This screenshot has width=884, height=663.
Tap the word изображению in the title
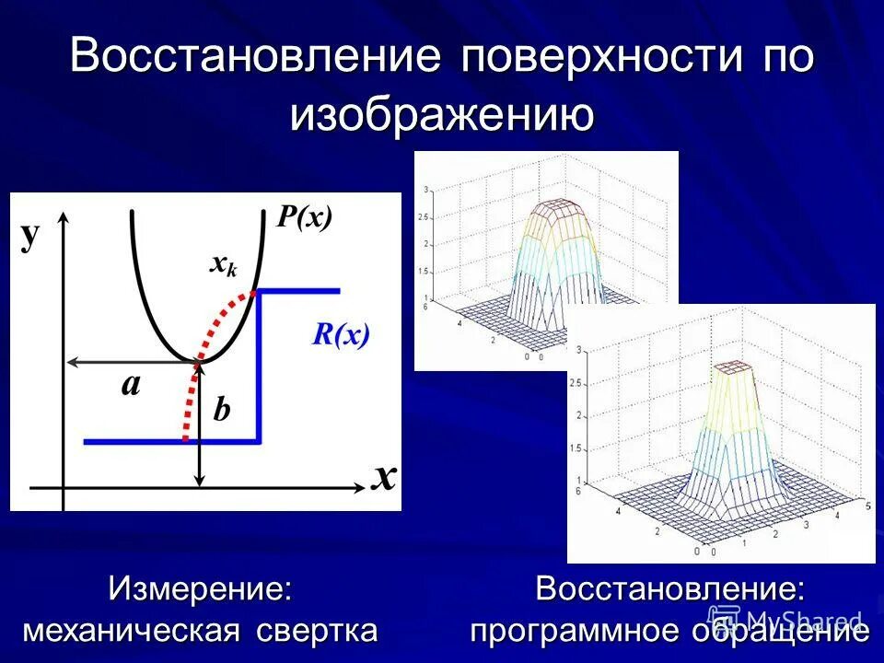click(x=441, y=116)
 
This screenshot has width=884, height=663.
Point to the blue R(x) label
click(x=340, y=334)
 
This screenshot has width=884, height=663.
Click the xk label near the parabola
click(x=224, y=265)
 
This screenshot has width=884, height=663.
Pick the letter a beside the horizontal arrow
click(x=131, y=384)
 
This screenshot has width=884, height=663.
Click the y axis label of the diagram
click(x=31, y=236)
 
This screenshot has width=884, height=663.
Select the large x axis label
click(x=384, y=476)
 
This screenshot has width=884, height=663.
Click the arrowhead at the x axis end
click(x=360, y=486)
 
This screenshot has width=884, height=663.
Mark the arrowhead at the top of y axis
click(x=64, y=217)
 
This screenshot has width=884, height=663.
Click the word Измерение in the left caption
click(x=201, y=589)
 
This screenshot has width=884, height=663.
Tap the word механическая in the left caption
click(x=132, y=631)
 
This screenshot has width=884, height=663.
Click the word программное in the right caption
click(x=577, y=631)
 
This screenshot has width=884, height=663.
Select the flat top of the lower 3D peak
click(x=736, y=366)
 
